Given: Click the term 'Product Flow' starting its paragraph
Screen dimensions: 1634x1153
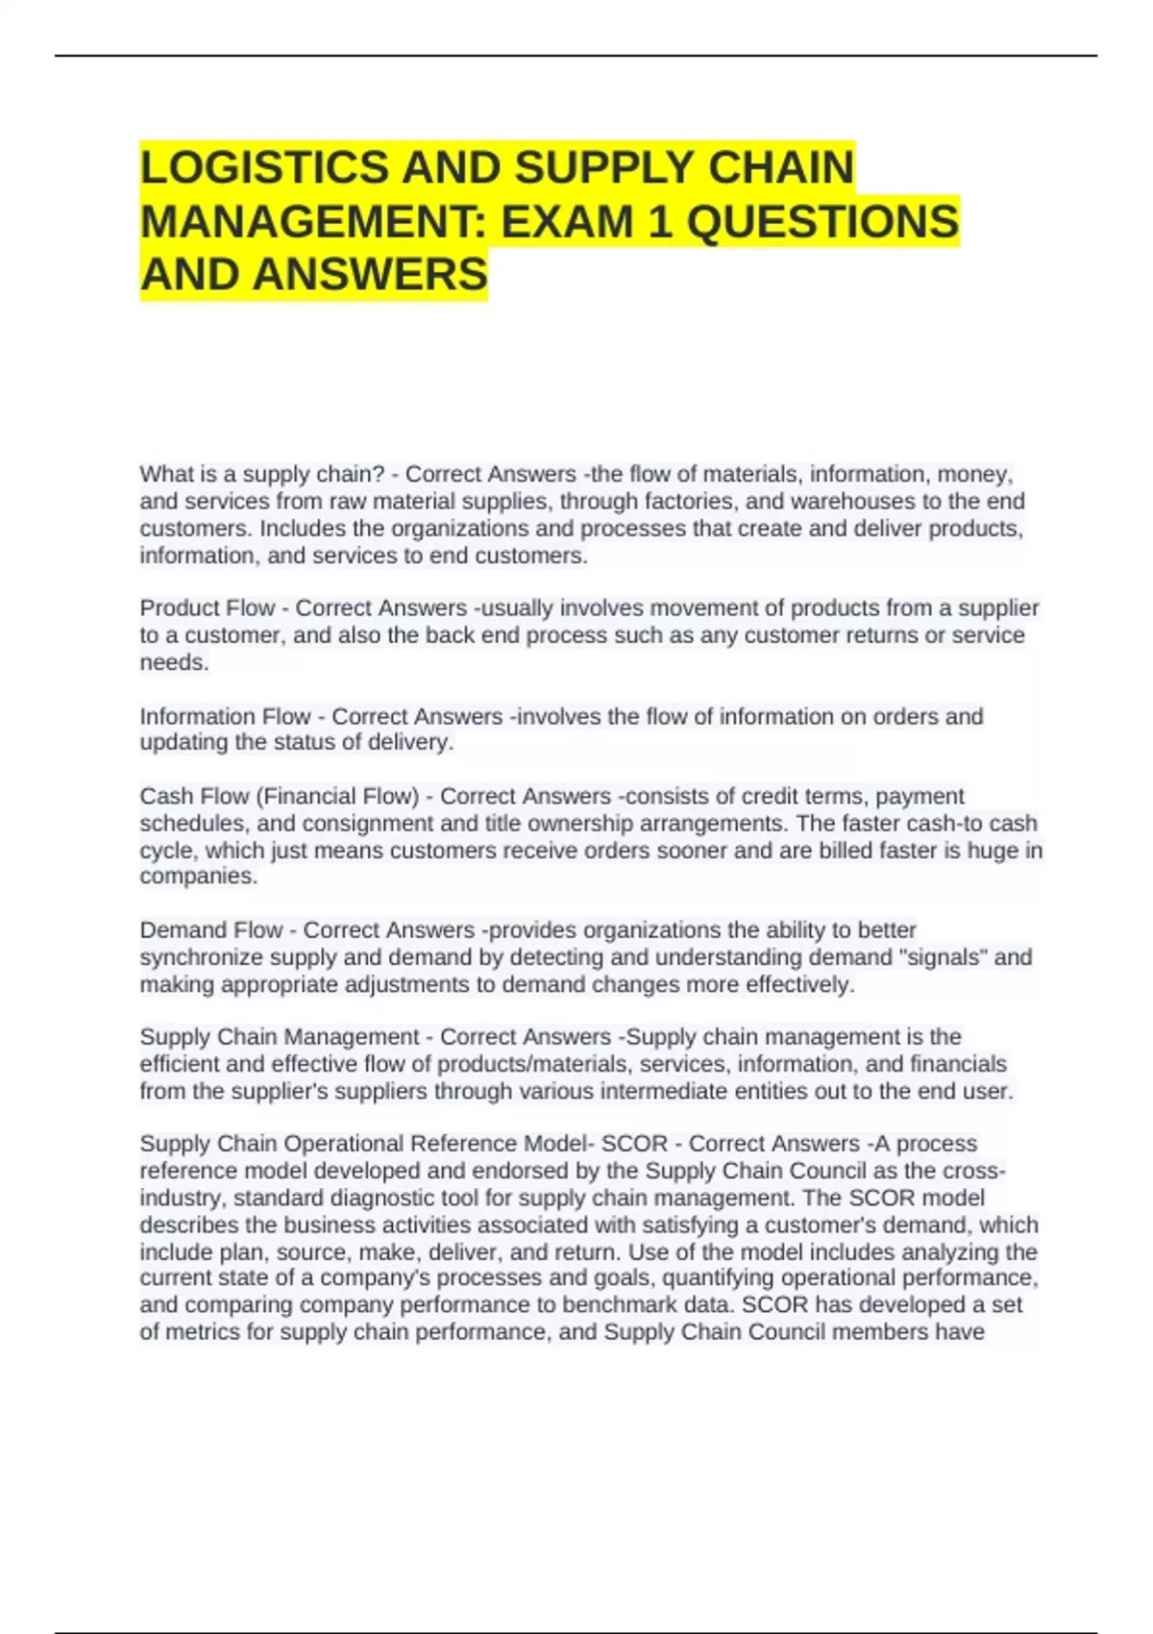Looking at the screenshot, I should pyautogui.click(x=207, y=608).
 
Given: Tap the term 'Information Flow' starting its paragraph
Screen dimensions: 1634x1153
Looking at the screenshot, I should pyautogui.click(x=225, y=717).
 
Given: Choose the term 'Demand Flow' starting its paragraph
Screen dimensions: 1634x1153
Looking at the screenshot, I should pyautogui.click(x=211, y=930).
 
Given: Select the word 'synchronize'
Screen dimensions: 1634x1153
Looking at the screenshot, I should pyautogui.click(x=201, y=957).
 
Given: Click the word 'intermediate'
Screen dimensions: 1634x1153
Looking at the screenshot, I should pyautogui.click(x=667, y=1092).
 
